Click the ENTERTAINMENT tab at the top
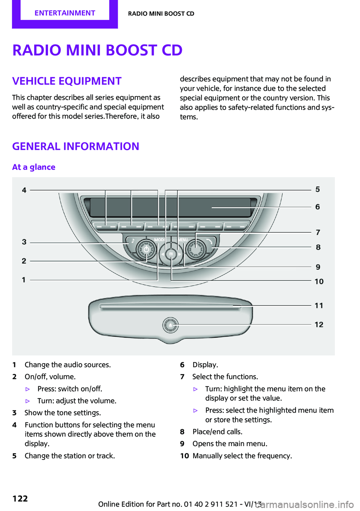click(65, 13)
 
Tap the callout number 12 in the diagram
click(319, 325)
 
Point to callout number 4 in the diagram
click(24, 190)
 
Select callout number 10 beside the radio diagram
click(319, 281)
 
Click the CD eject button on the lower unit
click(171, 325)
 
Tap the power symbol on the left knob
click(146, 249)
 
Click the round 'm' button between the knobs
click(171, 254)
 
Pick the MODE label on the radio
click(159, 240)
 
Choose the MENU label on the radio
click(183, 240)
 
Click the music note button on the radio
click(132, 241)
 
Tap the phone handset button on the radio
click(209, 241)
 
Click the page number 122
click(20, 498)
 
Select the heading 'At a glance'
click(34, 167)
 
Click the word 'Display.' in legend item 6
click(205, 365)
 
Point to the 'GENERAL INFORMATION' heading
click(76, 146)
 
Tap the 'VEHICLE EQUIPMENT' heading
click(67, 81)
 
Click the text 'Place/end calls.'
click(217, 431)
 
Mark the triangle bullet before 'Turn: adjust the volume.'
click(27, 401)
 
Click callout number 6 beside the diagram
click(318, 207)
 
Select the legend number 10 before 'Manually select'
click(184, 456)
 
